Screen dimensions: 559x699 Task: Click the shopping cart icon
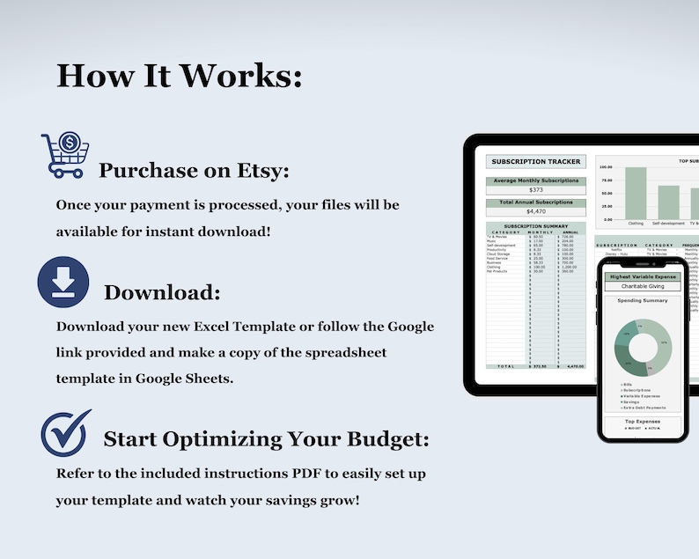pyautogui.click(x=66, y=157)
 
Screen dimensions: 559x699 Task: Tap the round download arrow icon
pyautogui.click(x=63, y=281)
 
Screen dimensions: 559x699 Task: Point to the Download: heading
pyautogui.click(x=162, y=291)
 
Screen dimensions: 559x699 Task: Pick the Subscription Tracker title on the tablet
pyautogui.click(x=536, y=162)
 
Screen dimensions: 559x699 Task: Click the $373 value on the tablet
pyautogui.click(x=536, y=190)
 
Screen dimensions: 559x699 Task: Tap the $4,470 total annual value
pyautogui.click(x=536, y=211)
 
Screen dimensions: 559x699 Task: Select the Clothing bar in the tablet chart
pyautogui.click(x=636, y=193)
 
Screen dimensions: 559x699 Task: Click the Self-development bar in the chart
pyautogui.click(x=669, y=202)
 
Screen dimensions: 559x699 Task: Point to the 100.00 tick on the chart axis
pyautogui.click(x=606, y=166)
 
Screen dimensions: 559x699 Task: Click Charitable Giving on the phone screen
pyautogui.click(x=641, y=286)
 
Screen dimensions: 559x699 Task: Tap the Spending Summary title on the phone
pyautogui.click(x=641, y=300)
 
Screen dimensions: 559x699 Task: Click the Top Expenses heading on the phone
pyautogui.click(x=641, y=422)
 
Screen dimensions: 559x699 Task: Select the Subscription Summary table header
pyautogui.click(x=536, y=226)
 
